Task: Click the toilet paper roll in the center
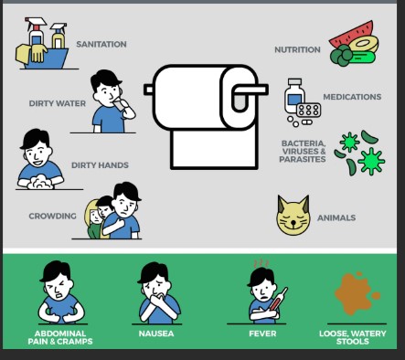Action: coord(206,116)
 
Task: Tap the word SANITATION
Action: coord(101,44)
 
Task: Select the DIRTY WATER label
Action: coord(58,103)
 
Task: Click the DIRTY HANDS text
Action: coord(100,165)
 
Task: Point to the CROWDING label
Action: coord(52,217)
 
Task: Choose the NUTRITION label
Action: coord(297,49)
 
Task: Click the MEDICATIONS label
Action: coord(352,97)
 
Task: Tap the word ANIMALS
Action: coord(336,217)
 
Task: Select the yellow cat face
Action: coord(293,216)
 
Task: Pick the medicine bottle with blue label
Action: coord(294,96)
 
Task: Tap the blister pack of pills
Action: coord(309,110)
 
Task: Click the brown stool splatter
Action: coord(356,293)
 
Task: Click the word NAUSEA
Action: coord(156,334)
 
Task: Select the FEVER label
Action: coord(262,334)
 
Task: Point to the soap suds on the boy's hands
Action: coord(40,182)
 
